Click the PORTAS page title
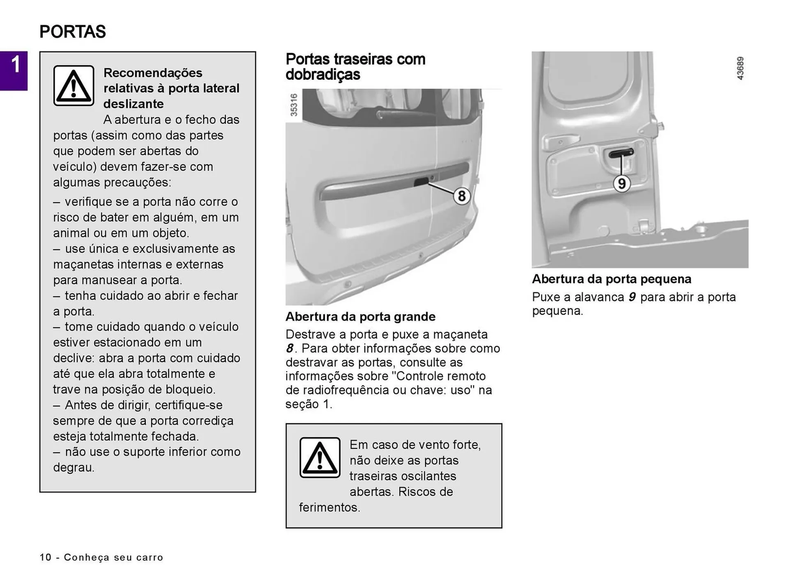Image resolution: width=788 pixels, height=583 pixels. coord(73,32)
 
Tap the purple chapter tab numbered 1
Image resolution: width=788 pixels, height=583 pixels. coord(14,70)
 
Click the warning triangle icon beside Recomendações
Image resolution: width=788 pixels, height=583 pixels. coord(74,86)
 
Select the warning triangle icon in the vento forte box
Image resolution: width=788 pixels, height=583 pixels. coord(320,457)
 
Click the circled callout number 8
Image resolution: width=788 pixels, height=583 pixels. coord(461,196)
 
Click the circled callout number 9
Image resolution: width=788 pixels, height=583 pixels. coord(621,183)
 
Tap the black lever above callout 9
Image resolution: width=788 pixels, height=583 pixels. coord(621,153)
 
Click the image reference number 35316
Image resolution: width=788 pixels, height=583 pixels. coord(294,105)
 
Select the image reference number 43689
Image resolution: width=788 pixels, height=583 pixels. coord(740,68)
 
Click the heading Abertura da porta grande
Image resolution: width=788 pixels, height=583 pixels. coord(360,317)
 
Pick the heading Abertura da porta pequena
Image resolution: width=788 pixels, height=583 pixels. coord(612,279)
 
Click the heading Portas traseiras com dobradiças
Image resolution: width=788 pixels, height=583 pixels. coord(355,67)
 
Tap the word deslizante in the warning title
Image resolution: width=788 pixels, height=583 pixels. coord(133,104)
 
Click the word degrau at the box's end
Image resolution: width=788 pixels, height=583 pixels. coord(73,467)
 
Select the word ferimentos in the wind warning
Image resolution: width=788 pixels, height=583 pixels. coord(329,508)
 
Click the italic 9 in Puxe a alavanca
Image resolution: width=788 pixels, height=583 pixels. coord(632,297)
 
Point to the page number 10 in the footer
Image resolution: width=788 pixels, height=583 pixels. coord(46,557)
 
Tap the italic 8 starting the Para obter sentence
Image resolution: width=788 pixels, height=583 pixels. coord(289,349)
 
